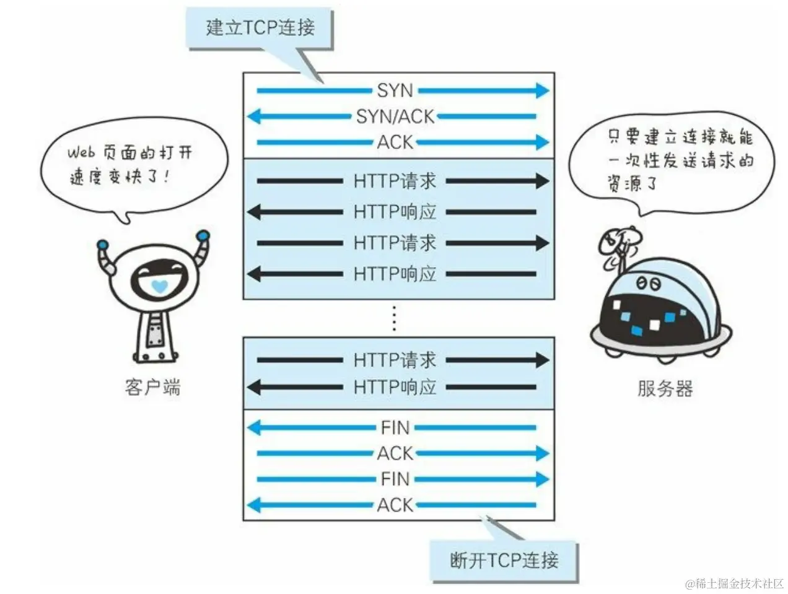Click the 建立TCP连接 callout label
[260, 28]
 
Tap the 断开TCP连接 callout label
[504, 561]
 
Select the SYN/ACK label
[395, 116]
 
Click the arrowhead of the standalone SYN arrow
[542, 91]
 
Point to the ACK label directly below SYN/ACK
[395, 142]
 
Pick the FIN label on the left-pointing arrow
[395, 427]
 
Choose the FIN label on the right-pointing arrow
[395, 479]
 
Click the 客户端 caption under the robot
[152, 388]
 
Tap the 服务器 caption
[665, 388]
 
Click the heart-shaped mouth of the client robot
[159, 287]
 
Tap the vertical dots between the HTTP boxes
[394, 318]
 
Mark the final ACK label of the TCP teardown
[395, 505]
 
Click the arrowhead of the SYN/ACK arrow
[253, 116]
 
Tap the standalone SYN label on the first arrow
[395, 91]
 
